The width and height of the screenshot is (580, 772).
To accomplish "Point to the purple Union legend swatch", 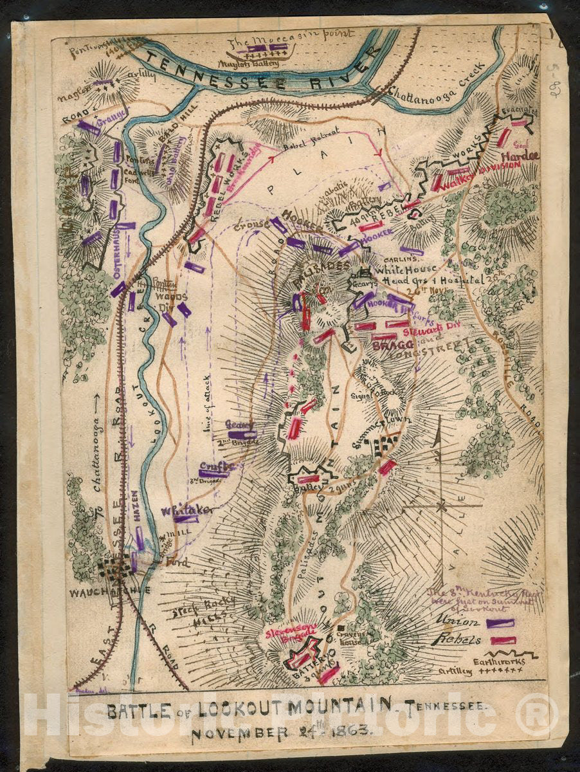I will click(500, 623).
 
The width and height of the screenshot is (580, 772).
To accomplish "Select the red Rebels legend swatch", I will click(503, 640).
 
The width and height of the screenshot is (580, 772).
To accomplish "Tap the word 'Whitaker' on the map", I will click(186, 510).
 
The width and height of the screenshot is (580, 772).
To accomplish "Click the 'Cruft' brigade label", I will click(212, 466).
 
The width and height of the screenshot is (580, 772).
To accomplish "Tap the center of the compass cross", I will click(441, 506).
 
